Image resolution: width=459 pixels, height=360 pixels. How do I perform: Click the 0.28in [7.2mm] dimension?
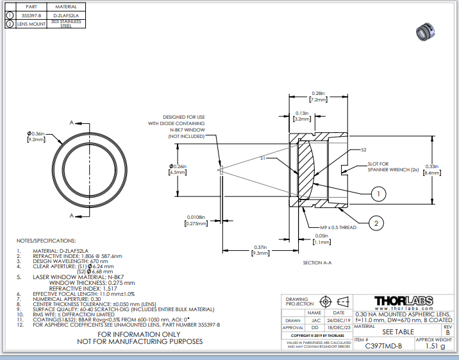tap(318, 97)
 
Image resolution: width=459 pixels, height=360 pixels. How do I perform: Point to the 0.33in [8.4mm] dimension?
tap(432, 170)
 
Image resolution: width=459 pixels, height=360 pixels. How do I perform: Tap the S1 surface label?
tap(263, 157)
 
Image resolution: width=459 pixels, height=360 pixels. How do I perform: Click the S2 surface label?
tap(363, 150)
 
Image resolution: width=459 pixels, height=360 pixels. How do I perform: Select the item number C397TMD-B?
tap(383, 347)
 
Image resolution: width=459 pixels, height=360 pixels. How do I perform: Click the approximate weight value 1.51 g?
tap(435, 347)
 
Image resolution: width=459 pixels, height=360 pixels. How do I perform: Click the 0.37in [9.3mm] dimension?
tap(260, 251)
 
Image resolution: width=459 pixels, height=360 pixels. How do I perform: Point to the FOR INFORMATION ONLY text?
tap(139, 334)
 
